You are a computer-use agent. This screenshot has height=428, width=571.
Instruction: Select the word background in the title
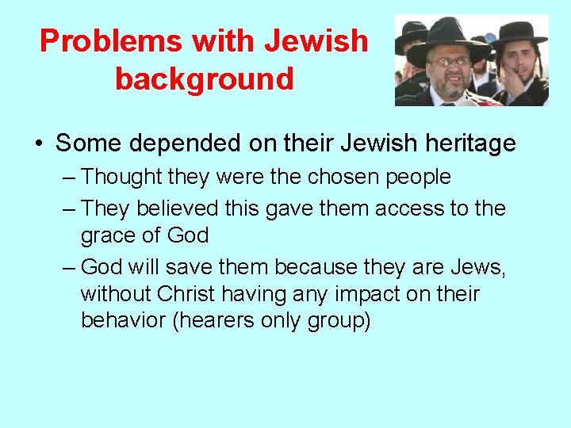205,78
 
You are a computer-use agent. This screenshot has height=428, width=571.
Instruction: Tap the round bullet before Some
38,144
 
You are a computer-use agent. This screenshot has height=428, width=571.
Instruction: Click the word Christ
186,294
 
